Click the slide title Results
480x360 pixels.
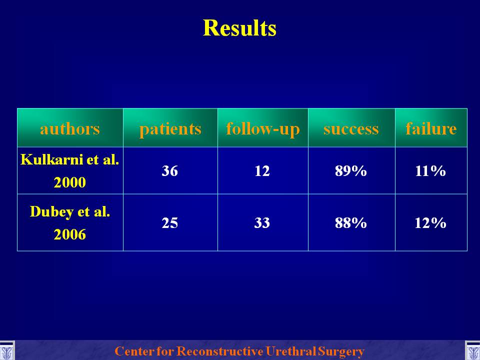[239, 28]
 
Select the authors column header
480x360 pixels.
[70, 128]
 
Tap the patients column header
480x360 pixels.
[170, 129]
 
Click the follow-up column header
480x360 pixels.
[262, 129]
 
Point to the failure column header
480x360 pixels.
[431, 128]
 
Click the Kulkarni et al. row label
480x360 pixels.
[70, 159]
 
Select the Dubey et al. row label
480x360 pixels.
[70, 211]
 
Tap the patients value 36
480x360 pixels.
[169, 171]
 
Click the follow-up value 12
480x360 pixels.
[262, 171]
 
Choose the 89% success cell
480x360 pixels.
[351, 171]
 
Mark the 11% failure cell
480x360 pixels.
[430, 171]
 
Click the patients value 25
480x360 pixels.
[169, 223]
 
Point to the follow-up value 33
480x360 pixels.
[262, 223]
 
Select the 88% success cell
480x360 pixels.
[351, 223]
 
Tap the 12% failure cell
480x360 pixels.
[430, 223]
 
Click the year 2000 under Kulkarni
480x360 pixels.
[70, 182]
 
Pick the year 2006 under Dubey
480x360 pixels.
[70, 234]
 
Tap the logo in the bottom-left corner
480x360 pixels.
[7, 351]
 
